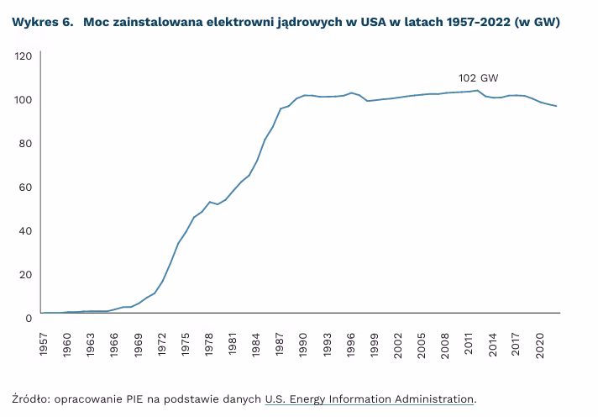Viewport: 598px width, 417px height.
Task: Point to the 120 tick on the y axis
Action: (24, 55)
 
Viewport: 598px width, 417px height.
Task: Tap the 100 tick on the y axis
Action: (24, 99)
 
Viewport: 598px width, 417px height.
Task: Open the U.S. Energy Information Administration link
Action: (370, 399)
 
